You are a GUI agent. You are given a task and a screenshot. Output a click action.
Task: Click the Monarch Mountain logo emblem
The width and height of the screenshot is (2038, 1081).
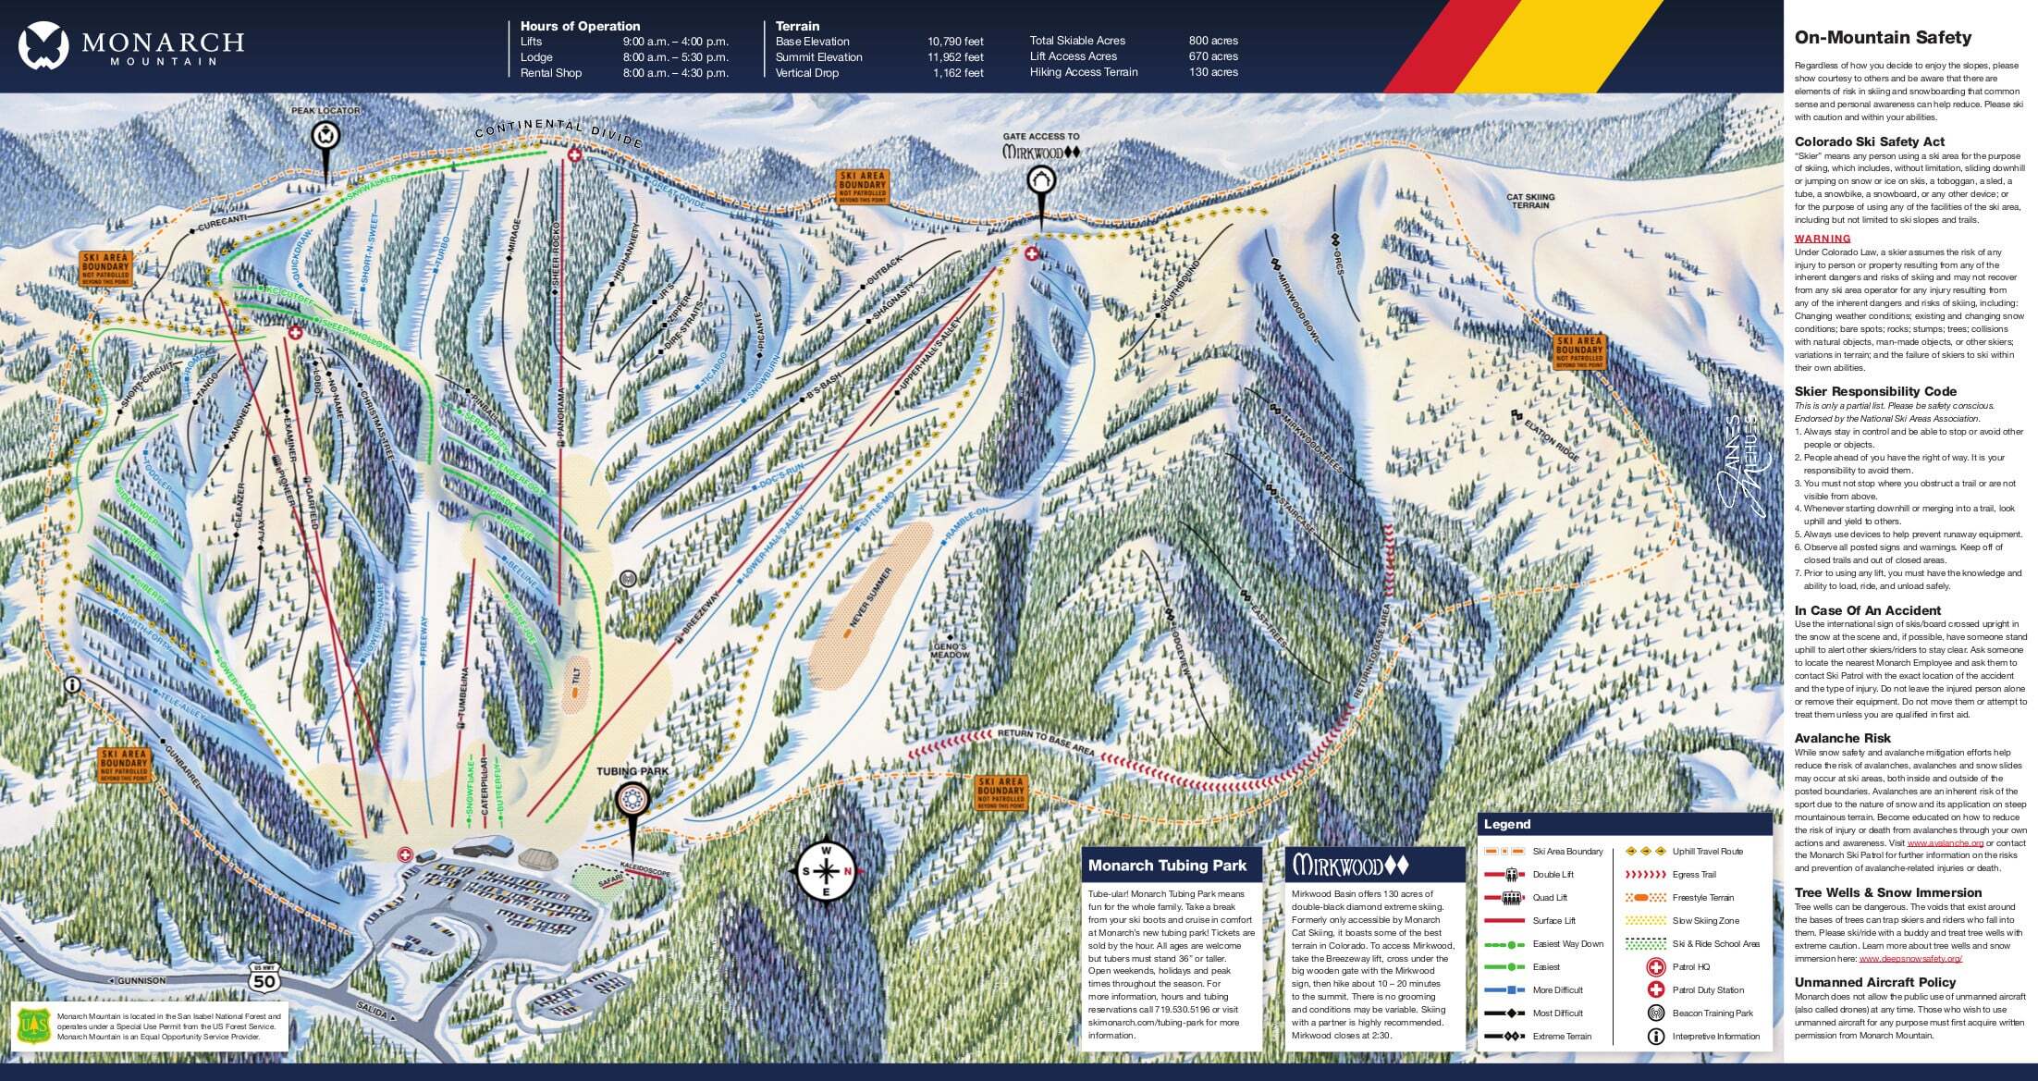tap(43, 46)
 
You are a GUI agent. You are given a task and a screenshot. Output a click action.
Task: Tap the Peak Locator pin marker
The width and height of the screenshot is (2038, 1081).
tap(325, 138)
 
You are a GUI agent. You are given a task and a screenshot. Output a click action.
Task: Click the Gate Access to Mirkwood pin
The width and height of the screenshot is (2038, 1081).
tap(1041, 181)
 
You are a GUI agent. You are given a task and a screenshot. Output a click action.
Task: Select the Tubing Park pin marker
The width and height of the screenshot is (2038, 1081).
tap(632, 800)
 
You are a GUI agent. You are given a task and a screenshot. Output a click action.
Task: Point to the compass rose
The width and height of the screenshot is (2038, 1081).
tap(827, 871)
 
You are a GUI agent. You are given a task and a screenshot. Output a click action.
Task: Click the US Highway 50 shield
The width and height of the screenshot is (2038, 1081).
tap(264, 977)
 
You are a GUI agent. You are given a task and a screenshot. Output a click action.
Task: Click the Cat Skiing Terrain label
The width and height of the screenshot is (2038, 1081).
tap(1530, 201)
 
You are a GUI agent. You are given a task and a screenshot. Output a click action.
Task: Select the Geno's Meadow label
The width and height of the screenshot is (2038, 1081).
tap(950, 650)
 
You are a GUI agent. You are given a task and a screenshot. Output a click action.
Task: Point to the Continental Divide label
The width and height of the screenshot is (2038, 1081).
tap(559, 132)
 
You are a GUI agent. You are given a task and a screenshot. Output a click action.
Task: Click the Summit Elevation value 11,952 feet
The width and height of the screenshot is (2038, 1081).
tap(955, 57)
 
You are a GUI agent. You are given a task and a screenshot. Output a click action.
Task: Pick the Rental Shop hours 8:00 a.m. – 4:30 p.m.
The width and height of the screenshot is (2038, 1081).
tap(675, 73)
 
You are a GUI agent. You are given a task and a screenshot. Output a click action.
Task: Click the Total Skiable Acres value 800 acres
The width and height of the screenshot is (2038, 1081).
tap(1213, 41)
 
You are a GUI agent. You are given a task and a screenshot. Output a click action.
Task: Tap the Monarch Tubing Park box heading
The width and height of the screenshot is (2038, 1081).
tap(1167, 866)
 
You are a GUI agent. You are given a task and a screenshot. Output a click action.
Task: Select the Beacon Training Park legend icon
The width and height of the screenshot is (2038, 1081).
tap(1655, 1013)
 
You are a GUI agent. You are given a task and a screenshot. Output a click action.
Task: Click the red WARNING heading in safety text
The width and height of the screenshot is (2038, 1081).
tap(1823, 239)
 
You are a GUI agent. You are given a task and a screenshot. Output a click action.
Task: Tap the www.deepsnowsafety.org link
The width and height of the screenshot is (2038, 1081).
tap(1909, 959)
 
